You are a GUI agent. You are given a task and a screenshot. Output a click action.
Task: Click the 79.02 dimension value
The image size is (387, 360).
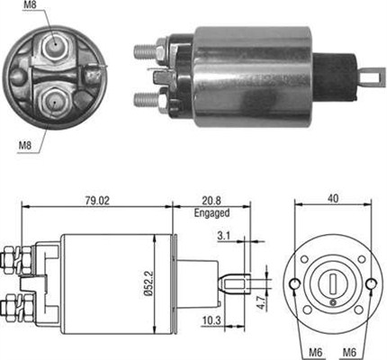97,201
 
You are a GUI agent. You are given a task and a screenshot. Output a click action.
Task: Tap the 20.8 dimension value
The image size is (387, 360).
211,201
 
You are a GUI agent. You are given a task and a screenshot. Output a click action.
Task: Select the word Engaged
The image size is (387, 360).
211,213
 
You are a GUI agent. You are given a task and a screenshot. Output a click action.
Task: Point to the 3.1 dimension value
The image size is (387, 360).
223,236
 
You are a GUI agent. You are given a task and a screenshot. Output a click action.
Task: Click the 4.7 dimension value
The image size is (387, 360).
261,302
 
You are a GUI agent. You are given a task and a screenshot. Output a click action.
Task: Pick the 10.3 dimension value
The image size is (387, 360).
211,321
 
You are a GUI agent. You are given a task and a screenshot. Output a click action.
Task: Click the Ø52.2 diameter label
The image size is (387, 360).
148,283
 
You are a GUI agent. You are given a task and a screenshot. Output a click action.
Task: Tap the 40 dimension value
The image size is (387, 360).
333,199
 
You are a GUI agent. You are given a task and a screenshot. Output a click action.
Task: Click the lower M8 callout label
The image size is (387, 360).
25,146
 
